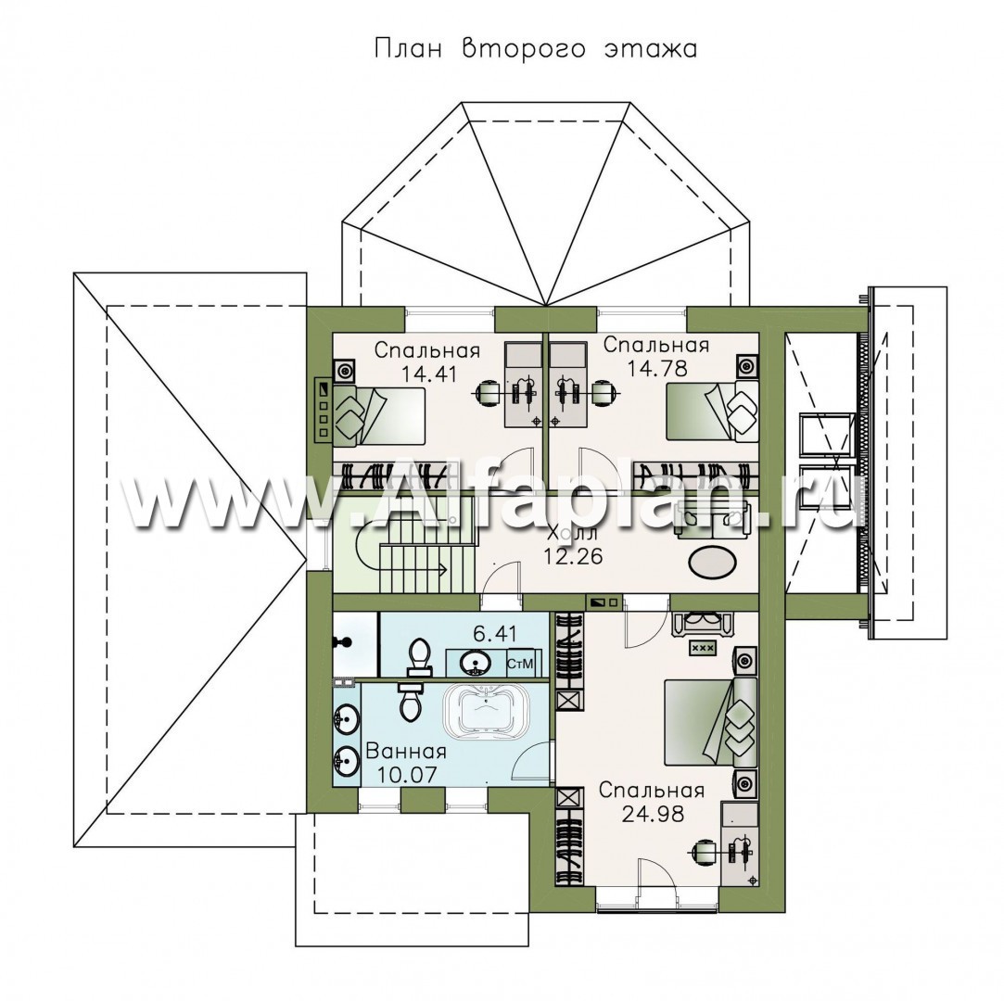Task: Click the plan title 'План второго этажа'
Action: pyautogui.click(x=535, y=49)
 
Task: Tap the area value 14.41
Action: pyautogui.click(x=428, y=374)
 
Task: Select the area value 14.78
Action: pyautogui.click(x=657, y=369)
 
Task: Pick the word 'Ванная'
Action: pyautogui.click(x=406, y=751)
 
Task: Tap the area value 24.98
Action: pyautogui.click(x=653, y=814)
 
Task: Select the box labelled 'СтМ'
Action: pyautogui.click(x=520, y=664)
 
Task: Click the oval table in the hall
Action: pyautogui.click(x=711, y=564)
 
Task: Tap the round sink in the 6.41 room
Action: pyautogui.click(x=474, y=661)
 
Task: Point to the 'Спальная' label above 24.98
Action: pyautogui.click(x=652, y=791)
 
